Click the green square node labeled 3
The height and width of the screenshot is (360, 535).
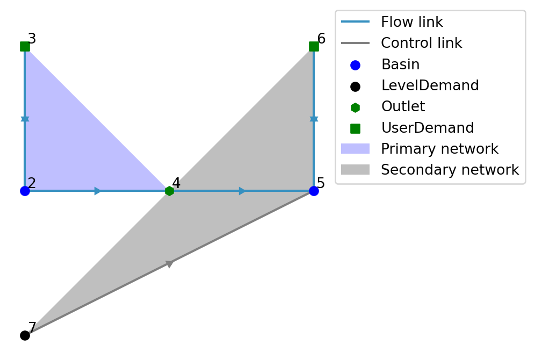coord(25,46)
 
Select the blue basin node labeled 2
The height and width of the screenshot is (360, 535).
coord(25,191)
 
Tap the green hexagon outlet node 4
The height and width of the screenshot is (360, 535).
coord(169,191)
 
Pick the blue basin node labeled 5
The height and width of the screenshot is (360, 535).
coord(314,191)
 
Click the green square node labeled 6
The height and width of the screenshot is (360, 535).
coord(314,46)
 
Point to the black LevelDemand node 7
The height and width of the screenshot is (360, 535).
coord(25,335)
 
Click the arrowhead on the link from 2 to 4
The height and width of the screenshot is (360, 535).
coord(98,191)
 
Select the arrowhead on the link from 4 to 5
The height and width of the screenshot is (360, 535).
coord(242,191)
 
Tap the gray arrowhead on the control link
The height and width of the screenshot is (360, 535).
coord(170,263)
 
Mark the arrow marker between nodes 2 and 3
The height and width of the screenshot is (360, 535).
coord(25,118)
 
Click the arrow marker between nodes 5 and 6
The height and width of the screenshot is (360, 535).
coord(314,118)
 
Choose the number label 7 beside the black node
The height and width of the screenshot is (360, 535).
coord(32,328)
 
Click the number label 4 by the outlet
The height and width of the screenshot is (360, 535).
coord(176,183)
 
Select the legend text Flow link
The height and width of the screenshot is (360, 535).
coord(411,23)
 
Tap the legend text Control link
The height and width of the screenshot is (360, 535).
coord(421,44)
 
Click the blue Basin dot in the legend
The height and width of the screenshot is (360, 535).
coord(355,65)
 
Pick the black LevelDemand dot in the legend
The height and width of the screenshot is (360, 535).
coord(355,86)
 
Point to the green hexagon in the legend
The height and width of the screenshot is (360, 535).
coord(355,107)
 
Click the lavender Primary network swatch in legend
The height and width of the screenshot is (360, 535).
coord(355,149)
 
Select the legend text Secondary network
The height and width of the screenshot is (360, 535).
coord(450,170)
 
